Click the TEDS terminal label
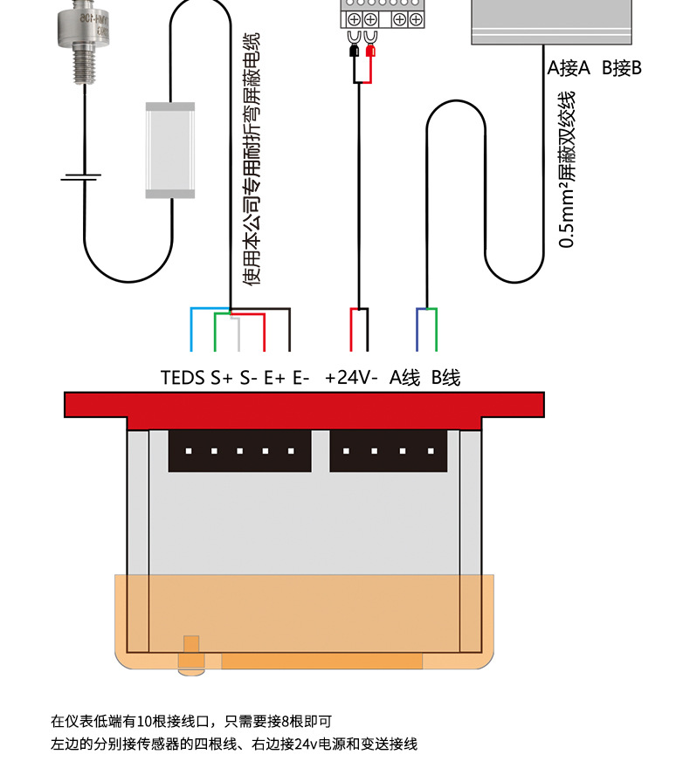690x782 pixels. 183,378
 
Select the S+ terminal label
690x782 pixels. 222,378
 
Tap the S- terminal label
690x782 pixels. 249,378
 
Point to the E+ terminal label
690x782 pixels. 275,378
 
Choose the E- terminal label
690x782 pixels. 301,378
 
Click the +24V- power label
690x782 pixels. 351,378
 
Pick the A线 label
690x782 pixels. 404,378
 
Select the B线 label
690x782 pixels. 445,378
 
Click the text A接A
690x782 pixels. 569,68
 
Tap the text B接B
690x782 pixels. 622,68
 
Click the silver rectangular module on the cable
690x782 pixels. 169,149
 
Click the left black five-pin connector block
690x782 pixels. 239,451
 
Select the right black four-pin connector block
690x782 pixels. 387,451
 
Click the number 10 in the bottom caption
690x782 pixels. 145,722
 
